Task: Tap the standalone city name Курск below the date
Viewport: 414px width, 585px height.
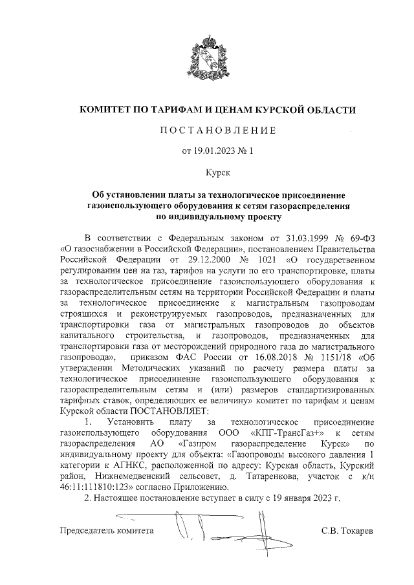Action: pyautogui.click(x=208, y=173)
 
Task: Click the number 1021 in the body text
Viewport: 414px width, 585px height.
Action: pyautogui.click(x=259, y=258)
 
